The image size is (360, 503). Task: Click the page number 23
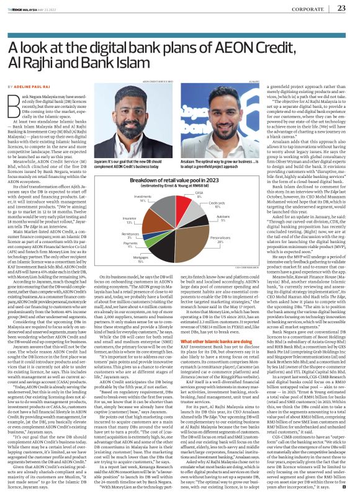341,8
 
